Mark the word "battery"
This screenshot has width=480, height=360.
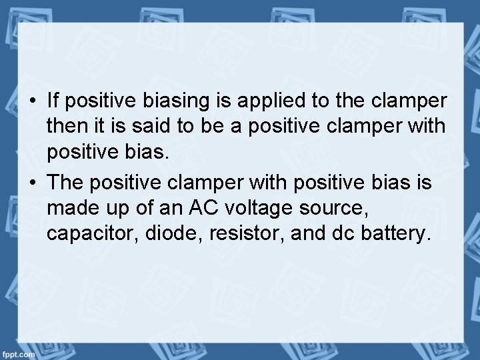pyautogui.click(x=395, y=234)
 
